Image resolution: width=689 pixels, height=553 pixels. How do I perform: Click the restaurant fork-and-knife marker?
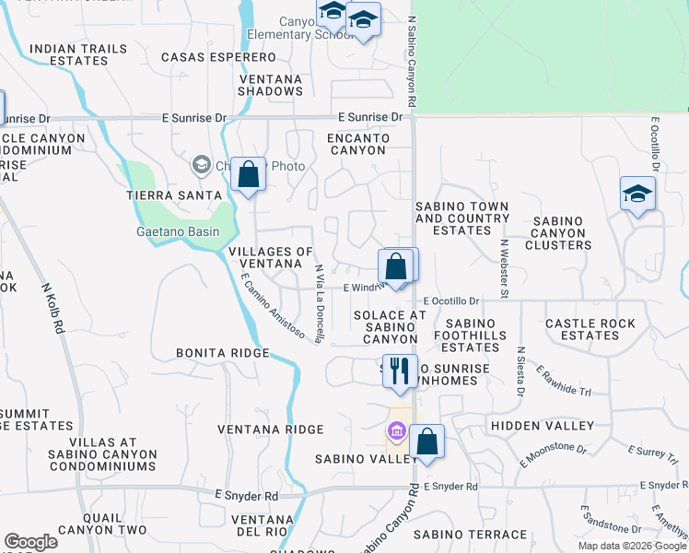point(400,371)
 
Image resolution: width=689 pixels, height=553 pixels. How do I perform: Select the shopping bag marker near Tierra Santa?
point(248,173)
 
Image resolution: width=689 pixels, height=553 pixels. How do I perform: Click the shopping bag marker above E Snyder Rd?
point(427,441)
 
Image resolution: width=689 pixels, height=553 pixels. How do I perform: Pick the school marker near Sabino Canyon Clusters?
point(636,194)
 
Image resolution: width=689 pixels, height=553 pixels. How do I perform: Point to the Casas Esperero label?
point(205,57)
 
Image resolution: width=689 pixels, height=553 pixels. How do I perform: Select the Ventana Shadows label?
point(270,85)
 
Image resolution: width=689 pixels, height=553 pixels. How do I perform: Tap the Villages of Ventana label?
point(271,258)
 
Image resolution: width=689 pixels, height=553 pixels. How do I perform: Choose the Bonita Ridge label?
point(224,353)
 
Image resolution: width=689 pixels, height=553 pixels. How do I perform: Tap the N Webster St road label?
point(504,268)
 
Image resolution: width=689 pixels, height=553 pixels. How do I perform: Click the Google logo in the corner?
point(31,542)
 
